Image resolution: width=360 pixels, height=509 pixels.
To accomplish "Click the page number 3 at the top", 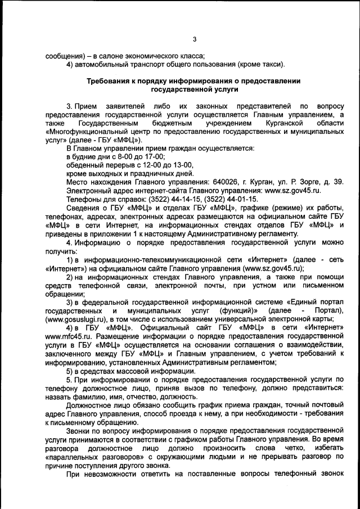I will (193, 39).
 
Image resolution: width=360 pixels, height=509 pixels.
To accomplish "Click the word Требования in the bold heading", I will (110, 81).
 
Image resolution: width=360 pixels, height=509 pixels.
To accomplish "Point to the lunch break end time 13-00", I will (181, 165).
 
